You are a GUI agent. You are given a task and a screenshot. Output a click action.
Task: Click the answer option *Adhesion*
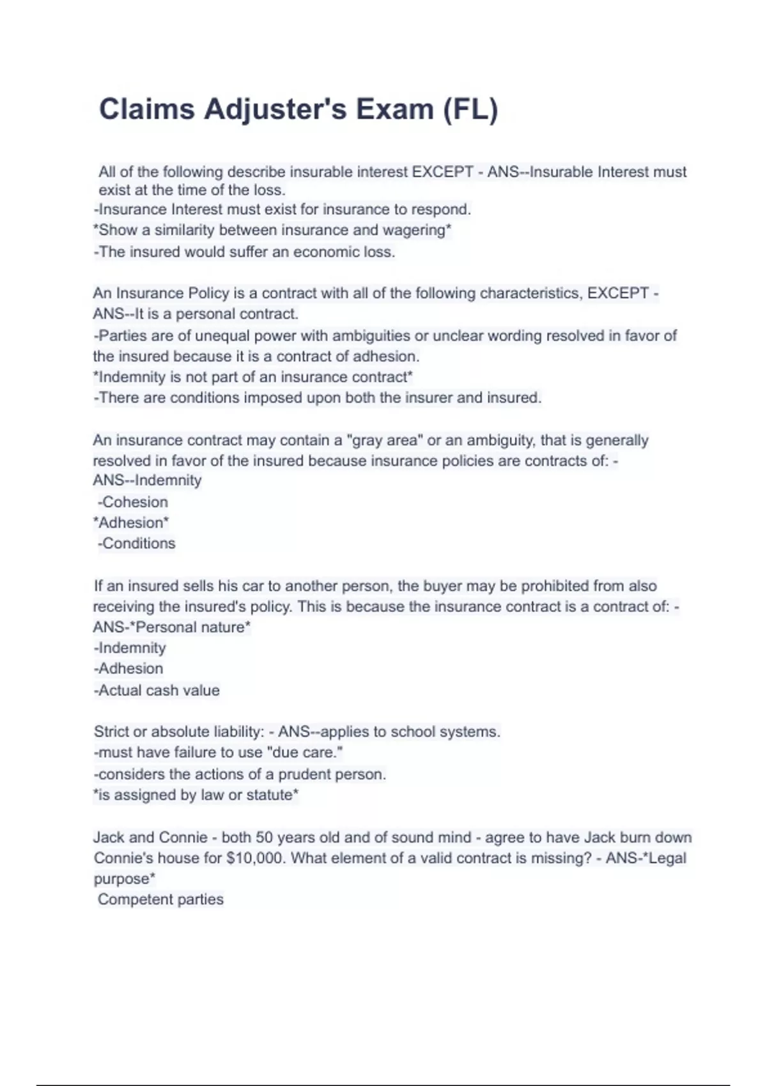click(131, 523)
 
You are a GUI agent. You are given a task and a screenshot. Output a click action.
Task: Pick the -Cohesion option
click(133, 502)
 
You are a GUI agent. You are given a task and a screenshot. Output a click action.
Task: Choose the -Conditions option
click(137, 544)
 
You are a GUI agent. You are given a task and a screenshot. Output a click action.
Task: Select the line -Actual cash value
click(157, 691)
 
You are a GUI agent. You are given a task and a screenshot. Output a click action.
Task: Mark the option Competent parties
click(160, 899)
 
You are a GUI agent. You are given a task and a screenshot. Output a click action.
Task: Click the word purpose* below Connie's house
click(124, 879)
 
